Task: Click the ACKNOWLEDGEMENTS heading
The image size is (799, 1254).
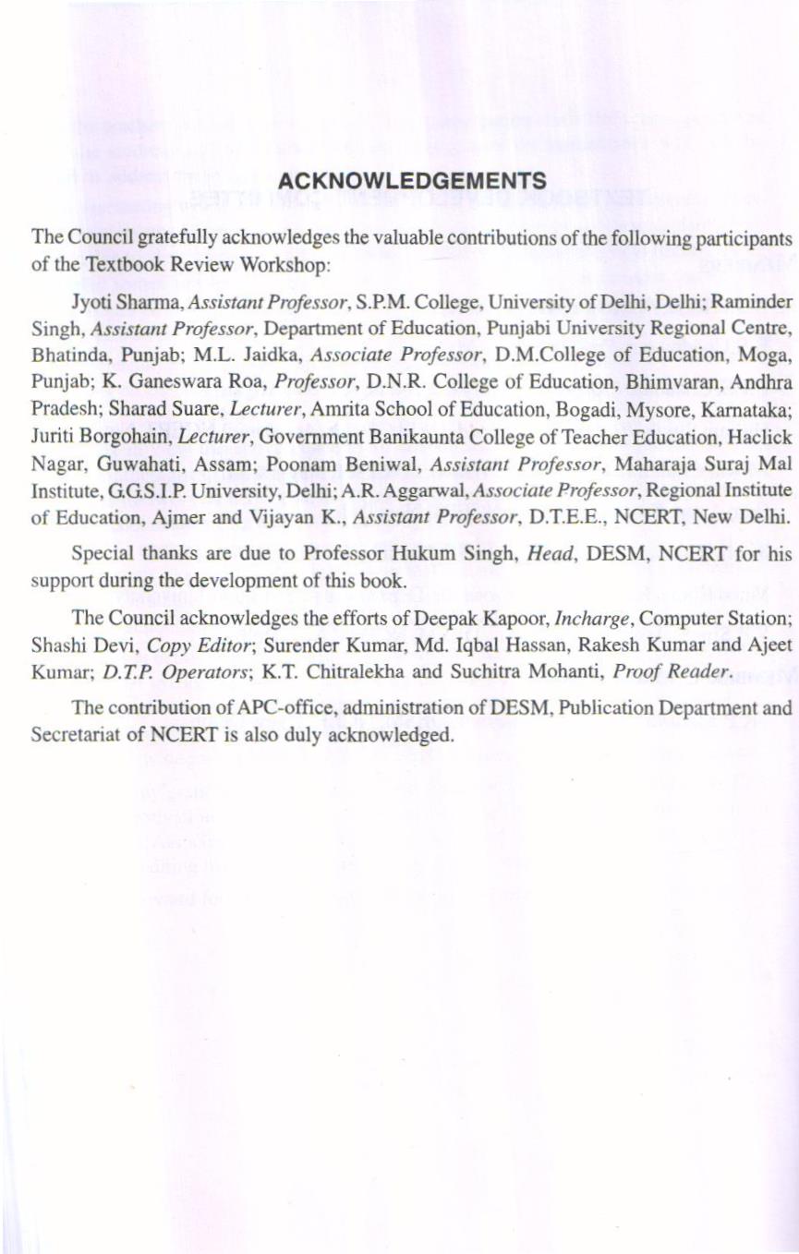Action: pyautogui.click(x=412, y=180)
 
